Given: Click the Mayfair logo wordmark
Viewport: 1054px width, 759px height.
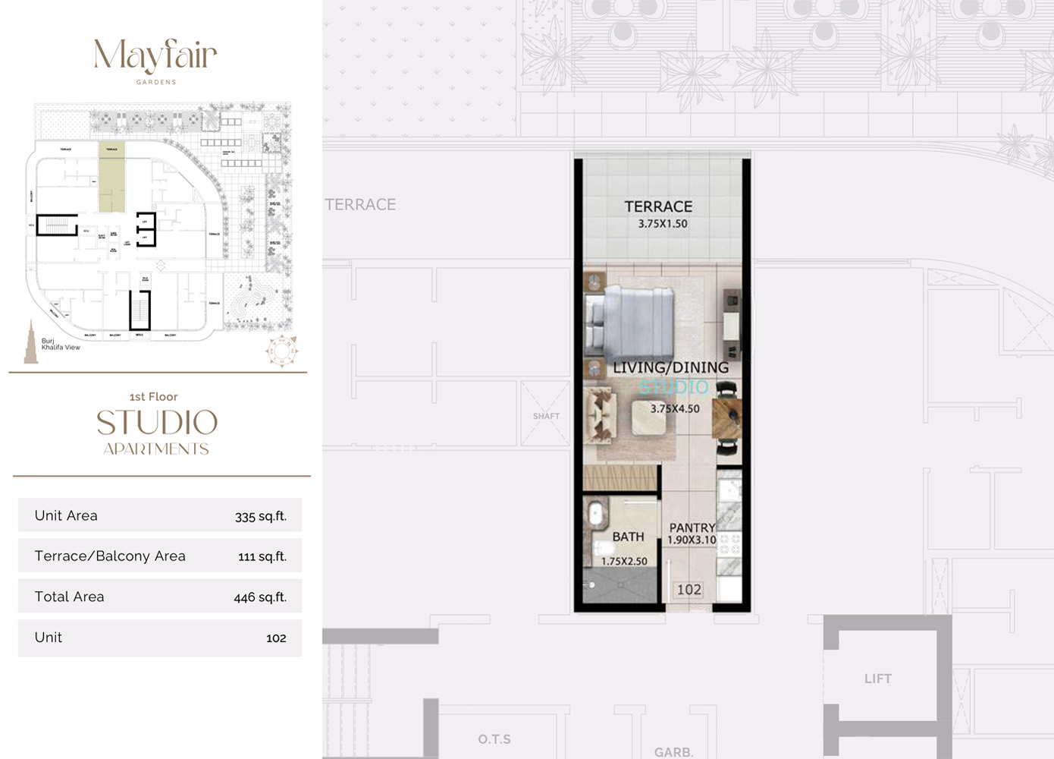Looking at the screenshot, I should pyautogui.click(x=155, y=56).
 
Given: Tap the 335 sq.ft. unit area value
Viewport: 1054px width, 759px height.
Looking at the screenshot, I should pyautogui.click(x=260, y=516).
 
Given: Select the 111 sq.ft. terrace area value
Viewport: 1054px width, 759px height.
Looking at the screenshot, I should pyautogui.click(x=262, y=556).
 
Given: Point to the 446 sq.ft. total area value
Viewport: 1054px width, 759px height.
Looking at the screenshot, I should pyautogui.click(x=260, y=597).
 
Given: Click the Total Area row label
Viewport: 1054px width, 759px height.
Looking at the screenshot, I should pyautogui.click(x=69, y=597).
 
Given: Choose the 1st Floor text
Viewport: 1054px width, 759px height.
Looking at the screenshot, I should pyautogui.click(x=153, y=396).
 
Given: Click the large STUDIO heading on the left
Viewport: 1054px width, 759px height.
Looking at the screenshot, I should pyautogui.click(x=157, y=423).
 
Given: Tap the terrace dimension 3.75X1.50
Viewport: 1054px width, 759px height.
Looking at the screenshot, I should pyautogui.click(x=662, y=224).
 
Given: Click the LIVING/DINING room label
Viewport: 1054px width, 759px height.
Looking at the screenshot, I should pyautogui.click(x=670, y=367).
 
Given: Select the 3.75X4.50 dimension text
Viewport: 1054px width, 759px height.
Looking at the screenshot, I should pyautogui.click(x=675, y=408).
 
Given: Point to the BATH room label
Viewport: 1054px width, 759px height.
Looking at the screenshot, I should pyautogui.click(x=628, y=537).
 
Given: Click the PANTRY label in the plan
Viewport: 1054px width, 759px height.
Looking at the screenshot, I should pyautogui.click(x=692, y=528).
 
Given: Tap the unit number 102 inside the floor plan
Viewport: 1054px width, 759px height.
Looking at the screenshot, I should pyautogui.click(x=689, y=590).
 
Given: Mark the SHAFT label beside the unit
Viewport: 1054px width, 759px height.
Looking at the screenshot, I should pyautogui.click(x=546, y=416).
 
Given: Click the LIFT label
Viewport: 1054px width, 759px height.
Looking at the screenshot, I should pyautogui.click(x=877, y=679).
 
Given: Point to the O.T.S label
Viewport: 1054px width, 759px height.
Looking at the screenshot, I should pyautogui.click(x=494, y=739).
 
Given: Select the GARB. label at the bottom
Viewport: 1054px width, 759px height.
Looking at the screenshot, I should pyautogui.click(x=673, y=752).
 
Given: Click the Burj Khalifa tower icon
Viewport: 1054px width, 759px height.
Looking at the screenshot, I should pyautogui.click(x=30, y=342).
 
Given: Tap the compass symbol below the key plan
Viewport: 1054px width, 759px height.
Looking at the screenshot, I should pyautogui.click(x=281, y=351).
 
